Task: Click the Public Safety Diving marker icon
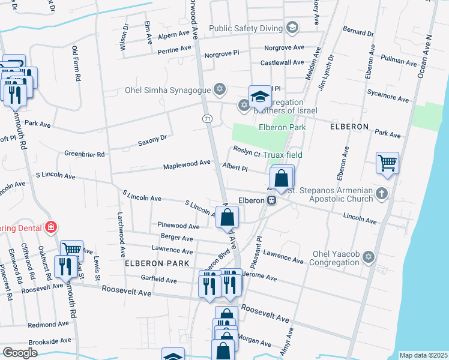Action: click(x=292, y=28)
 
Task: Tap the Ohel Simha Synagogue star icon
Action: click(x=220, y=90)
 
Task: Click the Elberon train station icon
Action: click(x=272, y=200)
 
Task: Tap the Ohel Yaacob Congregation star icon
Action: click(x=369, y=257)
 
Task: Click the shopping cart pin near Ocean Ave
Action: click(x=387, y=163)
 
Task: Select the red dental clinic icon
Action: click(x=52, y=227)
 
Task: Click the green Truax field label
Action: click(x=285, y=155)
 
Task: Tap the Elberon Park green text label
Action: click(x=282, y=127)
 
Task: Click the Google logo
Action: click(x=20, y=352)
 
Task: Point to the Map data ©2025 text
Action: click(x=423, y=355)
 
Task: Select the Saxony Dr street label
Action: click(x=151, y=140)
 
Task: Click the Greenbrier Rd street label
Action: click(x=84, y=154)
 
